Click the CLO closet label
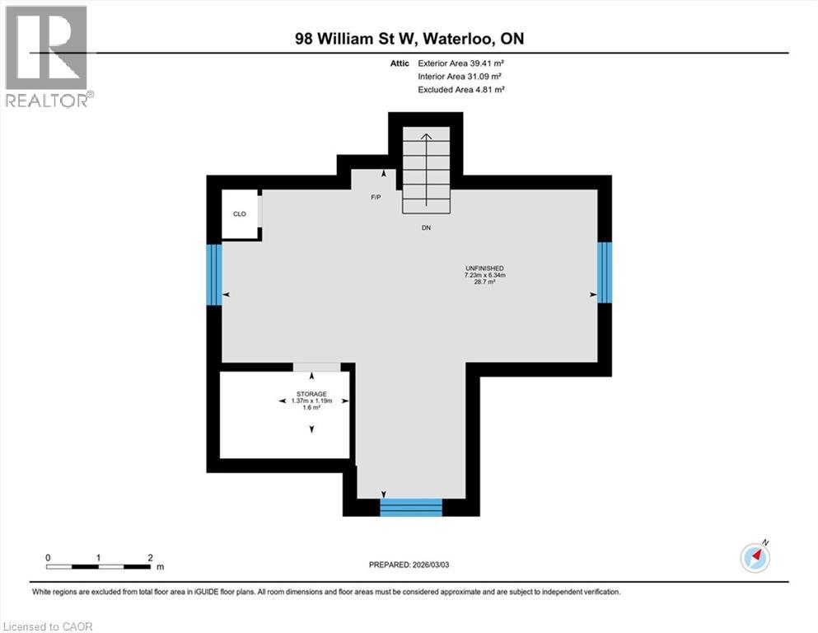click(x=240, y=214)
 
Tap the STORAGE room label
click(x=311, y=394)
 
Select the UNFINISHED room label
click(x=484, y=268)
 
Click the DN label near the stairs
click(x=426, y=227)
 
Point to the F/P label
click(x=376, y=198)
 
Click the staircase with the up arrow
click(x=426, y=169)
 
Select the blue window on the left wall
click(x=214, y=274)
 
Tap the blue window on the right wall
click(x=605, y=272)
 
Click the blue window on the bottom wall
click(x=411, y=508)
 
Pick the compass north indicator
click(x=755, y=557)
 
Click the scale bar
click(x=99, y=566)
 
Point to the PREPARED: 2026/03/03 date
click(x=409, y=565)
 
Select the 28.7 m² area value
click(x=484, y=282)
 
